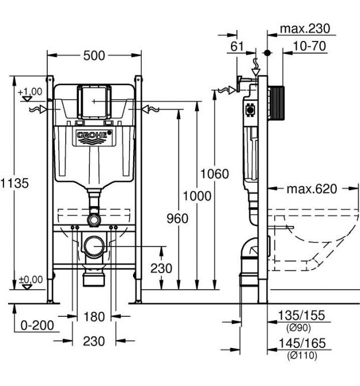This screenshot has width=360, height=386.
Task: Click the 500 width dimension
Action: click(94, 56)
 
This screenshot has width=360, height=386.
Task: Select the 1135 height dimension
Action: click(14, 183)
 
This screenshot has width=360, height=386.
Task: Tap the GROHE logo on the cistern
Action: click(94, 137)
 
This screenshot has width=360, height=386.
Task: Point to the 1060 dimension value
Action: click(215, 174)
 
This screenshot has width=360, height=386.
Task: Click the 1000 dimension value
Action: click(197, 196)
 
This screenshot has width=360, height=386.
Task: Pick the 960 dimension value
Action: click(177, 218)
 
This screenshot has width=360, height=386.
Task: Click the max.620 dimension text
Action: click(312, 189)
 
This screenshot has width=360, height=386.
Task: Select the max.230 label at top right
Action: click(305, 29)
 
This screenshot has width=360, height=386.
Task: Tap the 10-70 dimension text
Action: click(309, 46)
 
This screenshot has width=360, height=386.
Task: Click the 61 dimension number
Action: click(237, 46)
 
